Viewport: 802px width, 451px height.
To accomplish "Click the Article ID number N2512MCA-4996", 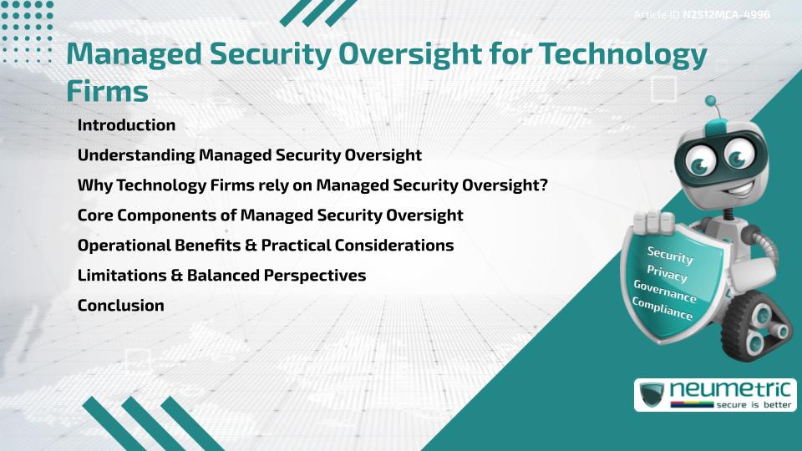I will [x=725, y=14].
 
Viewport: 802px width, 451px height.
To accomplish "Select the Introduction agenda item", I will [x=126, y=125].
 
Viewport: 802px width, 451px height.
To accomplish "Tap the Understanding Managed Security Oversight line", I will [x=249, y=155].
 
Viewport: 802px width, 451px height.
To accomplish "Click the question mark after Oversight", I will [x=543, y=185].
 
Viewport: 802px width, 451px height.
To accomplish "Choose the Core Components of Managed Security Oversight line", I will [x=270, y=215].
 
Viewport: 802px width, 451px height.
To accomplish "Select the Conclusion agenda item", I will [x=120, y=306].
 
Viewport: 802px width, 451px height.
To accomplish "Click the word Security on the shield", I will [x=670, y=256].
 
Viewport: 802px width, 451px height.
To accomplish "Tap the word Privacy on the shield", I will [x=667, y=274].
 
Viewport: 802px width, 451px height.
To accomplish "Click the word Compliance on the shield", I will [x=662, y=310].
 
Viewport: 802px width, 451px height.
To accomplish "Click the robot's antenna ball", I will [x=711, y=102].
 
